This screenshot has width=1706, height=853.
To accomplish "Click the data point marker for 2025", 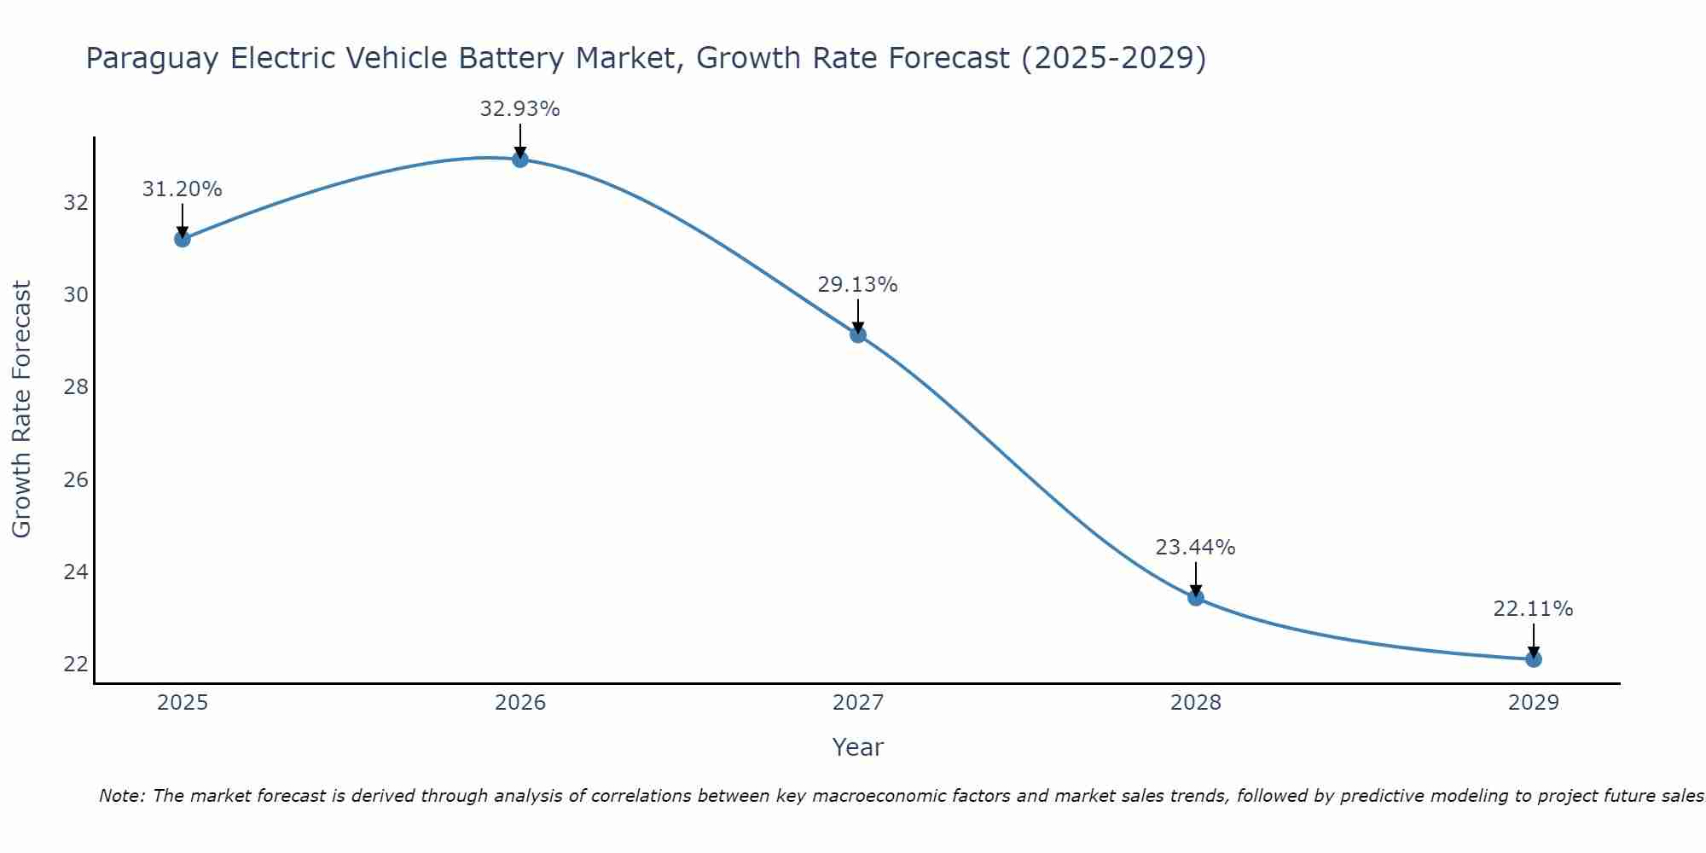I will [182, 239].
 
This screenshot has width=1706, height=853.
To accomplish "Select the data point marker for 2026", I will [520, 160].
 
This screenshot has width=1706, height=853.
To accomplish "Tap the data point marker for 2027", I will [858, 334].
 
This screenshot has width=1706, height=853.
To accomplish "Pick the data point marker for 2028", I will [1196, 597].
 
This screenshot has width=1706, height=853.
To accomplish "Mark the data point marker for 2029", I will [1533, 659].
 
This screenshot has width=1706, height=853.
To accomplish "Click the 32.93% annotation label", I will [519, 109].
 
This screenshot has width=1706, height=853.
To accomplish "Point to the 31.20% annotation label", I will [182, 189].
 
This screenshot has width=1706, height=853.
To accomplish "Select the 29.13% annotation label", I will [857, 285].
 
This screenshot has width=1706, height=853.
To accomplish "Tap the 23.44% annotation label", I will [1195, 548].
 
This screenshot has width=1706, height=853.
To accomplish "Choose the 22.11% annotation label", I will [1533, 609].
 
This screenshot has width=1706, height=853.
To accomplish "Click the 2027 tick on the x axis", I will [858, 703].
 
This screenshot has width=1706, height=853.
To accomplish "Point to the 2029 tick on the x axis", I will [1533, 703].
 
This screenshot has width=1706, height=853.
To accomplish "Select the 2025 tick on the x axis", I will [183, 703].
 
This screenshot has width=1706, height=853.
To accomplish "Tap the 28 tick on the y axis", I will [76, 387].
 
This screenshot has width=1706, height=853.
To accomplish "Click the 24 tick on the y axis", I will [76, 572].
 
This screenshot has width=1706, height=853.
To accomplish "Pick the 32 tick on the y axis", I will [76, 203].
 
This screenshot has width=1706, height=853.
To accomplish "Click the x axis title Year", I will [857, 747].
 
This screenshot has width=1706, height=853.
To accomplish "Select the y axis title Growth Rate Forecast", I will [21, 409].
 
